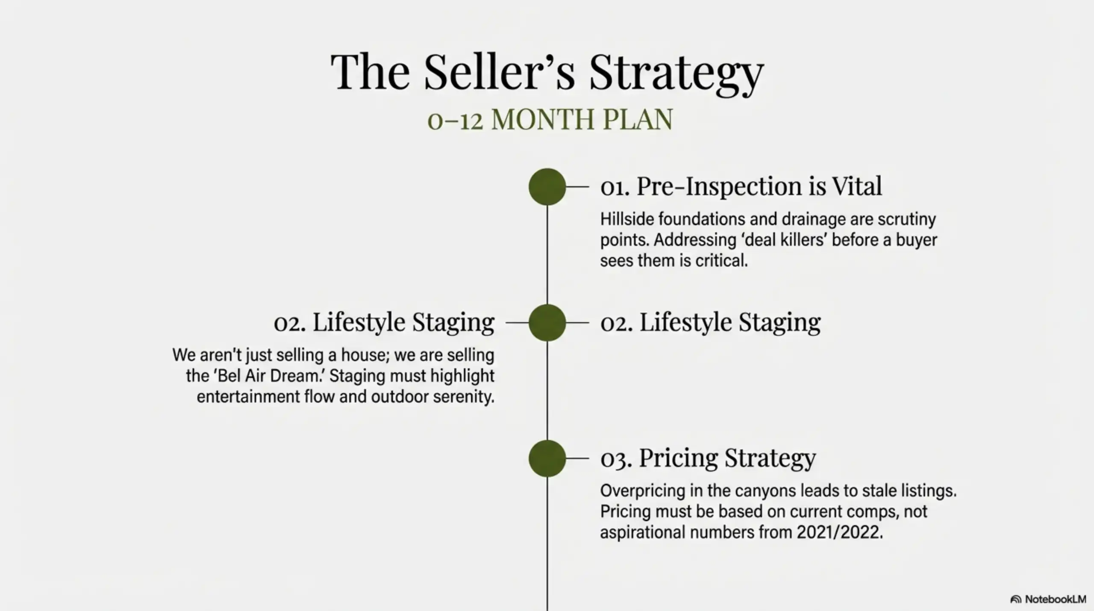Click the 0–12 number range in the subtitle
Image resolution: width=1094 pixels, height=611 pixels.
[455, 120]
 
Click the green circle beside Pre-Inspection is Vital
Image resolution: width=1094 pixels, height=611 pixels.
[547, 187]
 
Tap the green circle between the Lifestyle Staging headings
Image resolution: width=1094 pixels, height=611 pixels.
[547, 323]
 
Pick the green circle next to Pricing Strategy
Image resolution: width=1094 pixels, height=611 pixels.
[547, 458]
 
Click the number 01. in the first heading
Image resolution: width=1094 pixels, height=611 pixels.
[615, 187]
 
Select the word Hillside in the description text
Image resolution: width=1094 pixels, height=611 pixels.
[626, 219]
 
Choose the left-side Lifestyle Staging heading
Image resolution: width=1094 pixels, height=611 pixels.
[384, 322]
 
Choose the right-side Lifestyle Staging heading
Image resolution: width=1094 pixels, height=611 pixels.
[710, 322]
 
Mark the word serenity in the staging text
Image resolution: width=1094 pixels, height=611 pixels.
[463, 397]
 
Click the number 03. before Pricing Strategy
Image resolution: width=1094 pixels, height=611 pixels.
[616, 459]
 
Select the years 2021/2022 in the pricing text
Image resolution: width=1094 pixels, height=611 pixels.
[839, 532]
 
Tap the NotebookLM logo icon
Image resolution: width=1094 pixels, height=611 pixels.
[1016, 599]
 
